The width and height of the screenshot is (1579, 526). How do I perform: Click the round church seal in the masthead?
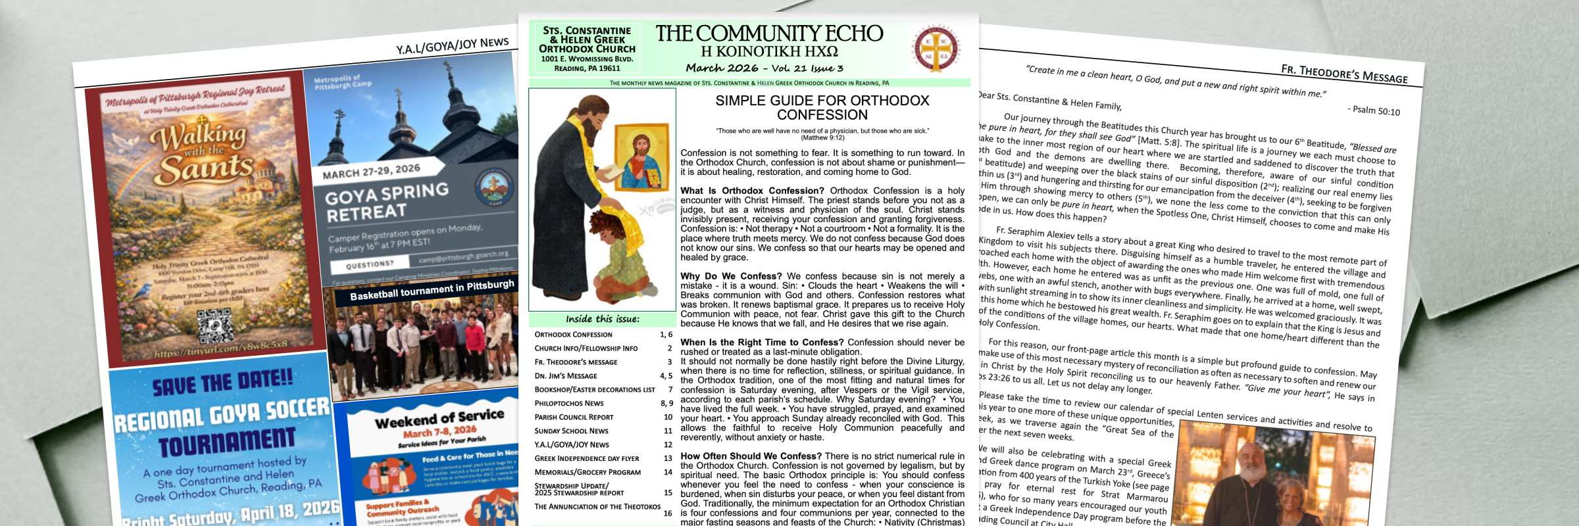pyautogui.click(x=936, y=49)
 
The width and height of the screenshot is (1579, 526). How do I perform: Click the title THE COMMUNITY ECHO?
pyautogui.click(x=769, y=34)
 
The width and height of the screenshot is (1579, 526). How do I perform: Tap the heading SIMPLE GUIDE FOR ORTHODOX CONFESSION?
pyautogui.click(x=822, y=107)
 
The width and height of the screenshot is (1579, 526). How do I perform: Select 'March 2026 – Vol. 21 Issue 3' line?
pyautogui.click(x=764, y=68)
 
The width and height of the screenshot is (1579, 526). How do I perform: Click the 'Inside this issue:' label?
pyautogui.click(x=602, y=319)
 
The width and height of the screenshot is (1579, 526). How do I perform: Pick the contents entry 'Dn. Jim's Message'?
pyautogui.click(x=566, y=376)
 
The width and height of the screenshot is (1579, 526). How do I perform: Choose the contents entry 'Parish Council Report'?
pyautogui.click(x=574, y=418)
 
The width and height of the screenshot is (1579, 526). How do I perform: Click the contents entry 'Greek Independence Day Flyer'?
pyautogui.click(x=586, y=459)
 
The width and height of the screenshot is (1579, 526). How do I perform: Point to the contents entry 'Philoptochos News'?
pyautogui.click(x=568, y=404)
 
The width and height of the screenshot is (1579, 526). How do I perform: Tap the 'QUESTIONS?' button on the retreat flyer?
pyautogui.click(x=370, y=264)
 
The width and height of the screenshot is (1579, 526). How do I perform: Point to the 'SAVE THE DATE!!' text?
pyautogui.click(x=222, y=382)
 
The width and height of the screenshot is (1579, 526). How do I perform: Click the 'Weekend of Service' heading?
pyautogui.click(x=439, y=418)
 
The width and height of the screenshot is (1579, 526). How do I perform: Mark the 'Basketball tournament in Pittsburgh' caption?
pyautogui.click(x=432, y=290)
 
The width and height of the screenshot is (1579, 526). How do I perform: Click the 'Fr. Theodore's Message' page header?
pyautogui.click(x=1344, y=74)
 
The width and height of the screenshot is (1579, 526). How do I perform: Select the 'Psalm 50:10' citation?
pyautogui.click(x=1376, y=111)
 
